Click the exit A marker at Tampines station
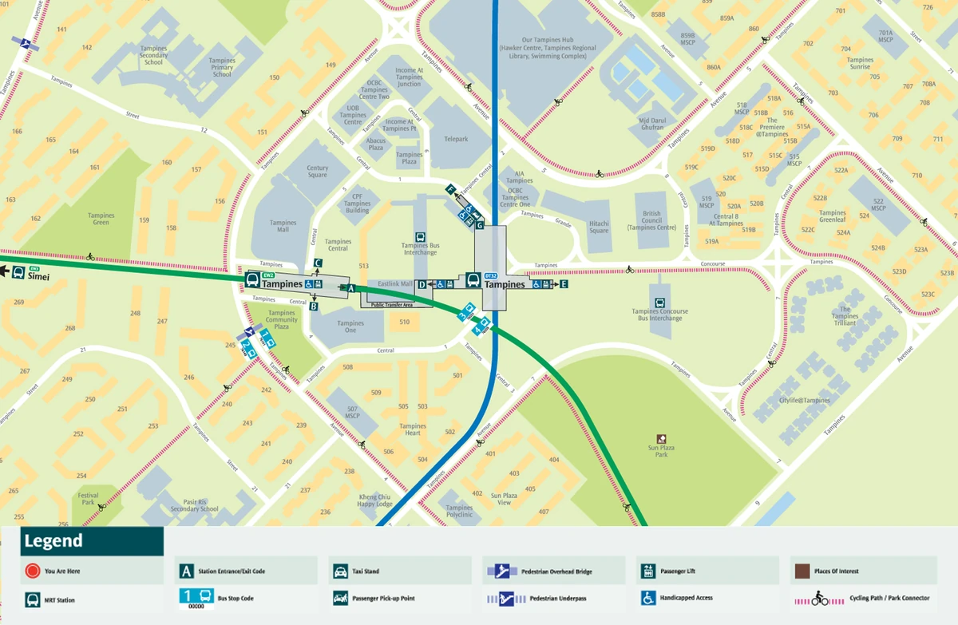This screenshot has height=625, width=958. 348,287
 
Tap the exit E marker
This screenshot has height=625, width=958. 563,284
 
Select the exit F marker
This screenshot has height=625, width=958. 450,189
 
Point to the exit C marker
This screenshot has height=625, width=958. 318,263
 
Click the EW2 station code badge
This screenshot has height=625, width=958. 268,275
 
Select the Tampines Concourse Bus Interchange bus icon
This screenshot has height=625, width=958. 659,303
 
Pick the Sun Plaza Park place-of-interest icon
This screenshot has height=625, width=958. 661,438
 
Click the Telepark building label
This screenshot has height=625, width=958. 456,139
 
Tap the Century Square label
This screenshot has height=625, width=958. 318,172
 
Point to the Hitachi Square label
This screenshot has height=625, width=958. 599,227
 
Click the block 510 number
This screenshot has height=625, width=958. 404,322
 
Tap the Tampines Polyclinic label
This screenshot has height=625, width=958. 459,511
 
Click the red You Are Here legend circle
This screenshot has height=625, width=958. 32,571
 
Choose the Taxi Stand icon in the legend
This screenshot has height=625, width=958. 338,572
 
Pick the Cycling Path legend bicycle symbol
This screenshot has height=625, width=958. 819,598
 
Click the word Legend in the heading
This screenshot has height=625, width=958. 53,541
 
